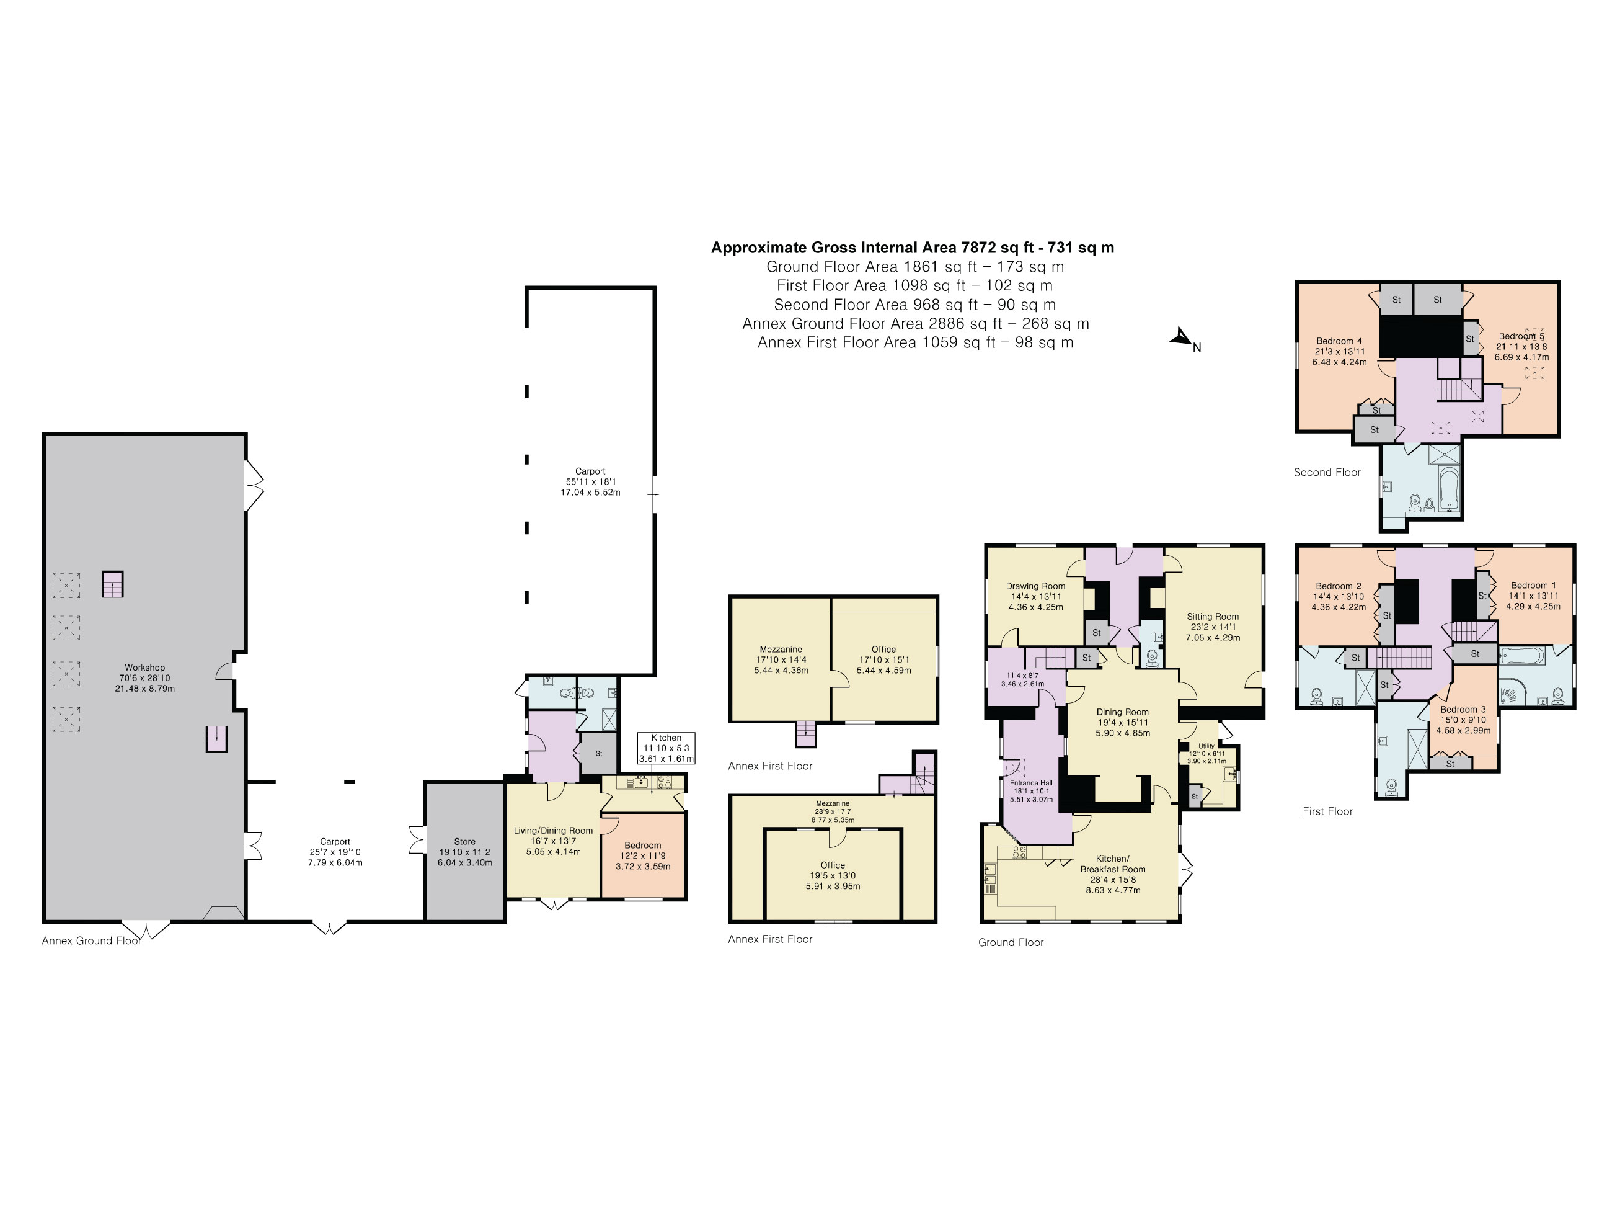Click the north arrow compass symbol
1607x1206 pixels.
1184,339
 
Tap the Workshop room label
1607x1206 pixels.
144,668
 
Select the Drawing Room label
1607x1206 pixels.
1035,586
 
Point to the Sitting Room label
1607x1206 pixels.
1213,617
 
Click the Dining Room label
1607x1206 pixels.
1122,712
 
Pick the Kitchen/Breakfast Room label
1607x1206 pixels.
1113,864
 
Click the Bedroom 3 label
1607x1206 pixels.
1463,710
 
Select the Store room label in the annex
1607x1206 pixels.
465,842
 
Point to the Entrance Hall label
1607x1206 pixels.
1031,783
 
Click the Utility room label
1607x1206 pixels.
1206,746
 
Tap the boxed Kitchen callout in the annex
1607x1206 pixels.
666,748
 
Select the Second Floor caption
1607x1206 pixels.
1327,473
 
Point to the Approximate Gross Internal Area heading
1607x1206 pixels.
913,247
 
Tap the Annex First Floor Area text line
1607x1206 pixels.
915,342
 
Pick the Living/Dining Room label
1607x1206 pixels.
553,831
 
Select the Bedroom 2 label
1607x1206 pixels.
1338,586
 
